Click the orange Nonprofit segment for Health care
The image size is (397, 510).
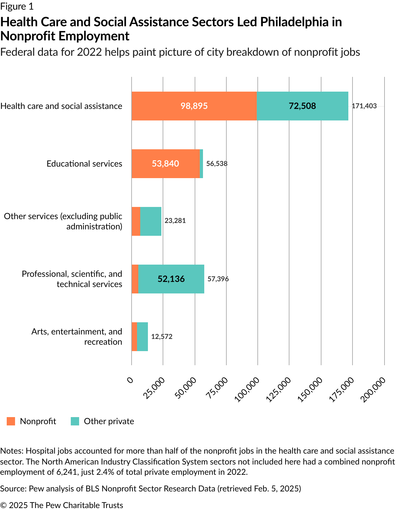point(194,106)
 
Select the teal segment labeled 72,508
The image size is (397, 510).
point(302,106)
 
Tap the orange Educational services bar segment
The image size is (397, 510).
point(166,164)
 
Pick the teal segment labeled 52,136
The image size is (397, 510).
point(171,279)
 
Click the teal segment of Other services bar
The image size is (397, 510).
point(151,221)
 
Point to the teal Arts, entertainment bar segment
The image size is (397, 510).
point(142,337)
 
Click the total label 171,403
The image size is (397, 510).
point(364,106)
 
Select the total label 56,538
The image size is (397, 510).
point(217,164)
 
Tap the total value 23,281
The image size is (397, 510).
point(175,221)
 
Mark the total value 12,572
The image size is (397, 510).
point(162,337)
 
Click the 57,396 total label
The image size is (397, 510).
point(218,279)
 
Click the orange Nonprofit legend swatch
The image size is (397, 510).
point(11,421)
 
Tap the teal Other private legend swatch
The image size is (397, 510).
point(75,421)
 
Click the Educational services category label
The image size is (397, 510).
point(85,164)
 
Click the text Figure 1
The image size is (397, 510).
point(17,6)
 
